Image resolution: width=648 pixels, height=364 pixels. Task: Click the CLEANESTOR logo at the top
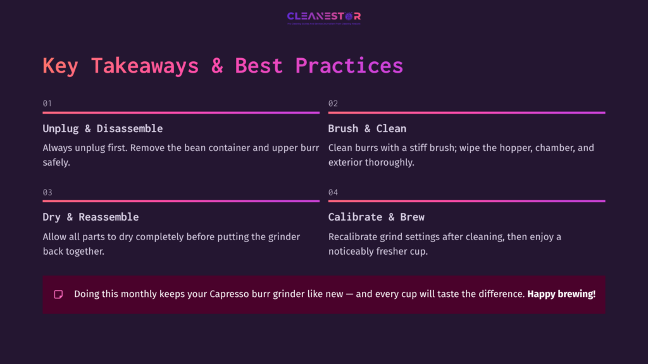coord(323,16)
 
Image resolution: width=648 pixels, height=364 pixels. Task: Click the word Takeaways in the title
coord(145,66)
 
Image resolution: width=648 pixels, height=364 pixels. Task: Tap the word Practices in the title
coord(349,66)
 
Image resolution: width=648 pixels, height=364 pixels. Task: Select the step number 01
coord(47,103)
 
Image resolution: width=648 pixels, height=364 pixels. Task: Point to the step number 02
coord(333,103)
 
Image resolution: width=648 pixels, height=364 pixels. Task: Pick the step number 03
coord(47,192)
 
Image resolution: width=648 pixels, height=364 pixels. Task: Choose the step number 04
coord(333,192)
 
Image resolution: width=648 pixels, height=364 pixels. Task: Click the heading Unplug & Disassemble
coord(103,128)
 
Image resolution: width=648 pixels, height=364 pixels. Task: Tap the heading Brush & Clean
coord(367,128)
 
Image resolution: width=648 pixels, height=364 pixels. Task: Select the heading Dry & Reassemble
coord(90,217)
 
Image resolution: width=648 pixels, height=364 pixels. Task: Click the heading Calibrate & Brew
coord(376,217)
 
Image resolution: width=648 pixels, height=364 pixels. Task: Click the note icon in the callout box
coord(58,294)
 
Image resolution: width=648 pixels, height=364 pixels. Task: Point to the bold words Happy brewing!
coord(561,294)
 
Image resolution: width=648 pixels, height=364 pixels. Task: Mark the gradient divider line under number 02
coord(466,112)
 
